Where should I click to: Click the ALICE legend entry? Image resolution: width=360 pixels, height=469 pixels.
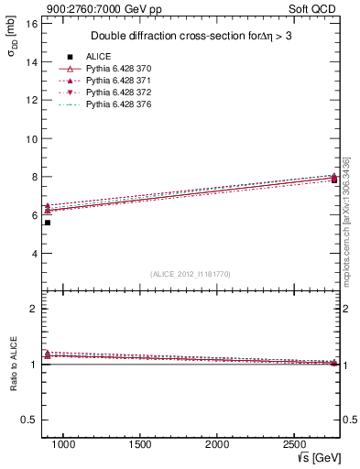[x=99, y=57]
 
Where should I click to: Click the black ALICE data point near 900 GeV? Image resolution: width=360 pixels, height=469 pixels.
[x=48, y=223]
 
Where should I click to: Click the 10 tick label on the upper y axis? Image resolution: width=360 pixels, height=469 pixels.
[x=30, y=138]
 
